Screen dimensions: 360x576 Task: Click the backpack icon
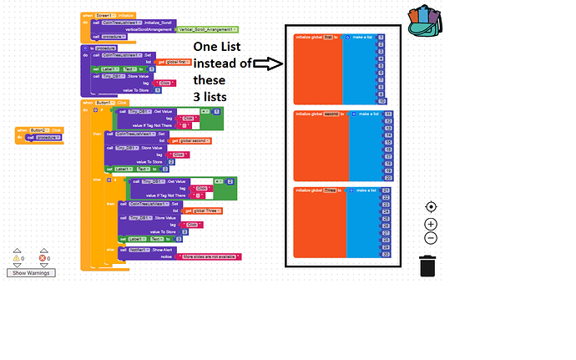click(426, 21)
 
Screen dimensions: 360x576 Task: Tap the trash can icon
click(427, 266)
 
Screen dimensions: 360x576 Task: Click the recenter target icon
click(431, 207)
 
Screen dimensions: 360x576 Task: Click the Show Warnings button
click(31, 273)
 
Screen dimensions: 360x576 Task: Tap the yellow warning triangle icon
click(16, 259)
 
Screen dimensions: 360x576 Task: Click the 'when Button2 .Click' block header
click(39, 130)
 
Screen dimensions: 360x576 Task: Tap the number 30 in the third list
click(386, 254)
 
